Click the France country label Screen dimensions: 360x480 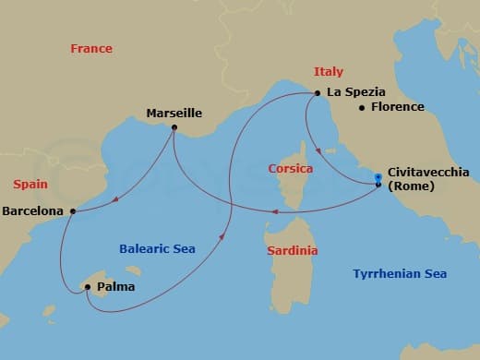[91, 49]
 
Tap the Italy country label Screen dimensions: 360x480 [329, 71]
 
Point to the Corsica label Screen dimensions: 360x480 [290, 169]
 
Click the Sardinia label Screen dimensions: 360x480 [292, 250]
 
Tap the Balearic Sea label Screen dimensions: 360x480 [157, 248]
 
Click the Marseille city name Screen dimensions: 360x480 [174, 114]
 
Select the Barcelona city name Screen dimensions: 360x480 [33, 210]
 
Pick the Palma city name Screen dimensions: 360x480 [115, 287]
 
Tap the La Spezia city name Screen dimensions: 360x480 [354, 93]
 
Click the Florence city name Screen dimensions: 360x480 [397, 107]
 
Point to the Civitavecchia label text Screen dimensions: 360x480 [428, 172]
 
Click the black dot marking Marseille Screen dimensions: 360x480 [174, 127]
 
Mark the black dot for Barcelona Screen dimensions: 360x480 [72, 211]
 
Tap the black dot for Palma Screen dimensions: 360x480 [87, 287]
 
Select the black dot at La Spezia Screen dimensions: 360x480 [318, 93]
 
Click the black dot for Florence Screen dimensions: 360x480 [362, 108]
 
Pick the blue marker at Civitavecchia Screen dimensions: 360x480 [378, 179]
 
